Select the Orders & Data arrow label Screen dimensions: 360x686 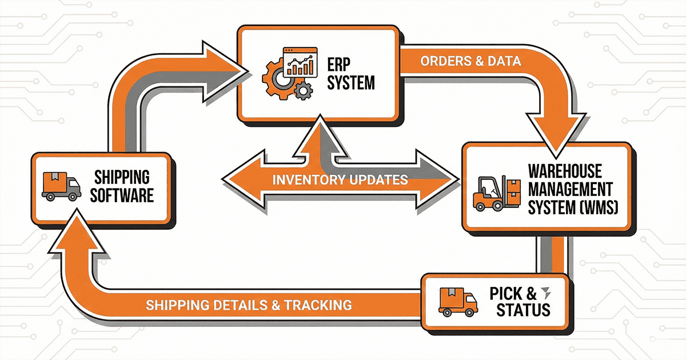click(471, 62)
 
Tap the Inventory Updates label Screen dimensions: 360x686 click(340, 180)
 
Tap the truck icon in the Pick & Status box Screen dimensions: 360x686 click(458, 301)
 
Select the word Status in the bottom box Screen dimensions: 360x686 click(523, 310)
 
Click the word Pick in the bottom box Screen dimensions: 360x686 click(505, 294)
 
